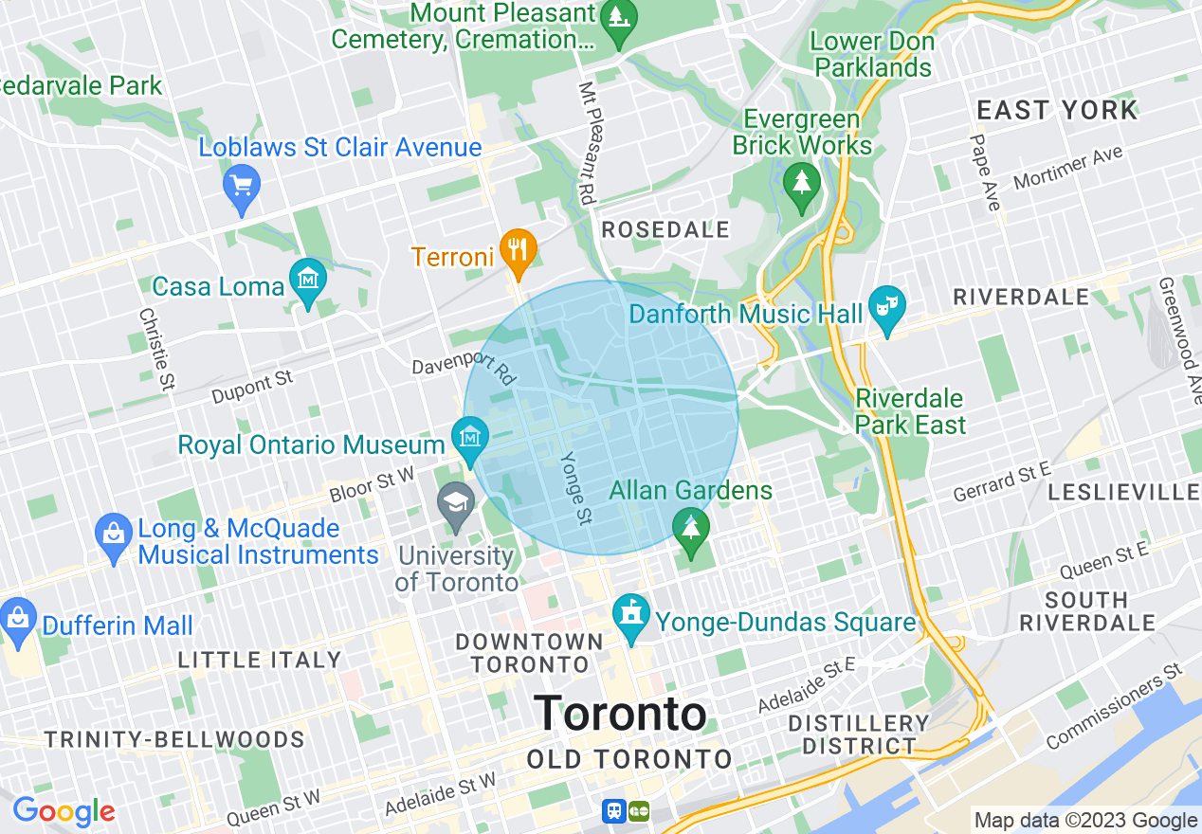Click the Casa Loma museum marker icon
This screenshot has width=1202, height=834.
click(308, 281)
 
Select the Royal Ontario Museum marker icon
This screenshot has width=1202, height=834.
click(469, 438)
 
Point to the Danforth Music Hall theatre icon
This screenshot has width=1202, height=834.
click(887, 307)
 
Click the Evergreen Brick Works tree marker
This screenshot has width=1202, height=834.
click(802, 178)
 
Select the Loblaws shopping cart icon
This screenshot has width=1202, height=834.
click(241, 185)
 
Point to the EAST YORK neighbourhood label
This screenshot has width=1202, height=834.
click(1056, 110)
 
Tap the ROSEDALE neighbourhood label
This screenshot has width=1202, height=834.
click(665, 229)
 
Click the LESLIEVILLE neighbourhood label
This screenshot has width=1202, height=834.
click(1124, 492)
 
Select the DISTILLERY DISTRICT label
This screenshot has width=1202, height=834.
click(860, 734)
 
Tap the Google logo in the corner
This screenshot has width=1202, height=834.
click(64, 811)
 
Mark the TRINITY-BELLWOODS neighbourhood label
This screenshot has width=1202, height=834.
click(174, 739)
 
